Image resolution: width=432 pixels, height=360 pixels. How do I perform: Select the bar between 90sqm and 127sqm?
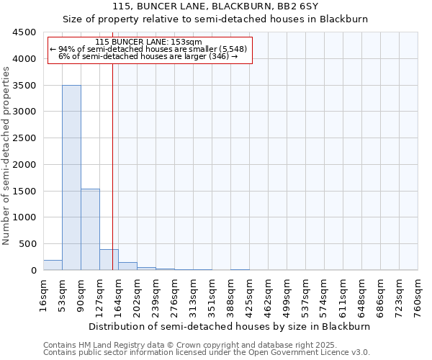(90, 229)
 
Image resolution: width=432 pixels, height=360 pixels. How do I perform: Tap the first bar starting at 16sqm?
(53, 265)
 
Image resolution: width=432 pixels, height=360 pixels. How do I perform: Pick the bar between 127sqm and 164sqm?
(109, 260)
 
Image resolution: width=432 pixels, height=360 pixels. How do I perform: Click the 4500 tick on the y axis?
(23, 32)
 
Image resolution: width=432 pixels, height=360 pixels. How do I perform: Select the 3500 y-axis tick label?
(23, 86)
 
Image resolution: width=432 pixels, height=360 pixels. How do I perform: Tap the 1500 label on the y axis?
(23, 191)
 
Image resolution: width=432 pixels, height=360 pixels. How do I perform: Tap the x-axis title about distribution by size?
(230, 326)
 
